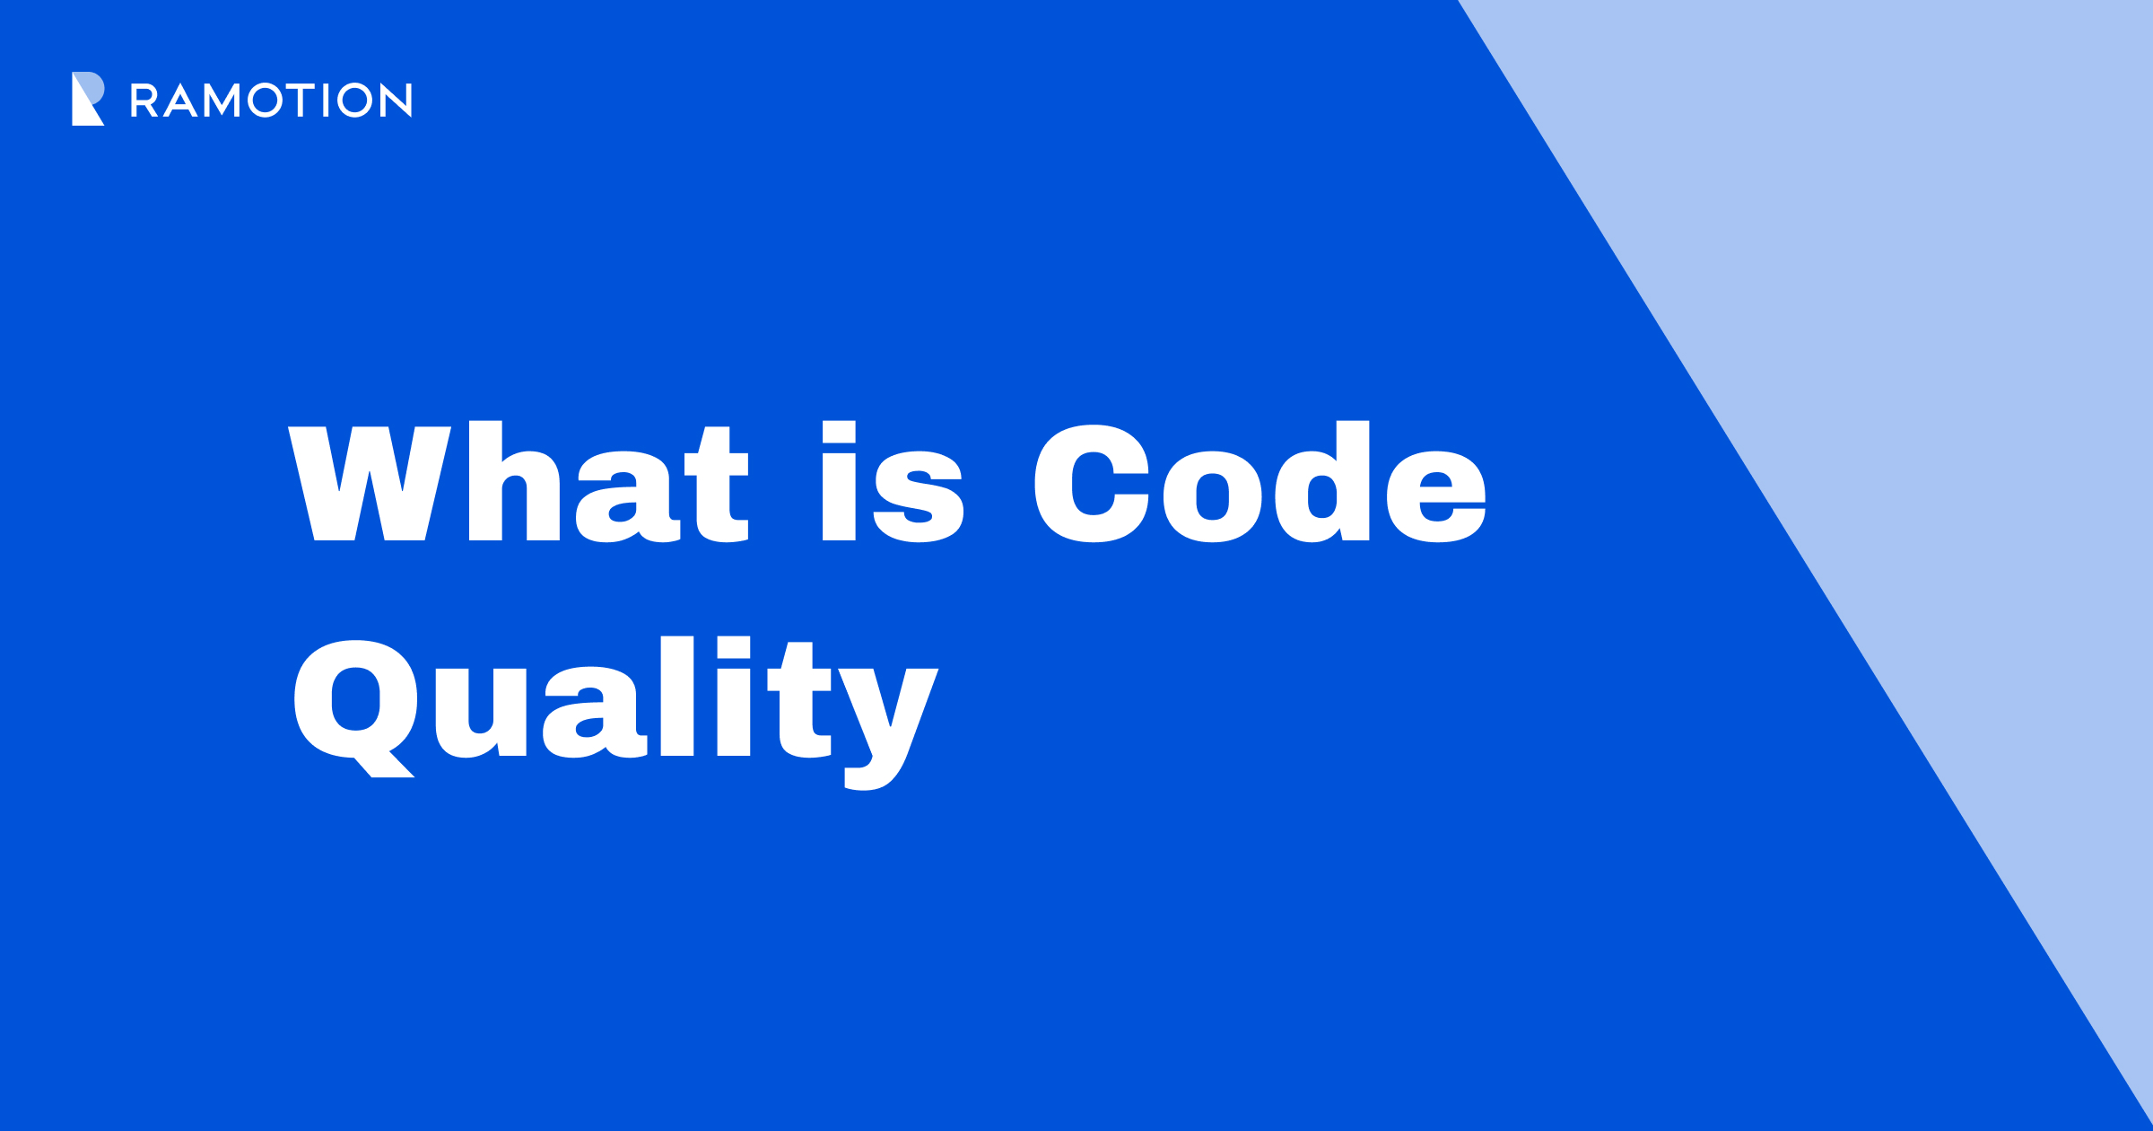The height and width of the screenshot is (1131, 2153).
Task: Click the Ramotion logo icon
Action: (x=88, y=99)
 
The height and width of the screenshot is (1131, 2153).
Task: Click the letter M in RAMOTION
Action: (x=222, y=101)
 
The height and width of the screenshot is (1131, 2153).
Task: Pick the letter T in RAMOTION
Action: (x=301, y=101)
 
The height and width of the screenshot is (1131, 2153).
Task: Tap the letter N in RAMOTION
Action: (x=396, y=101)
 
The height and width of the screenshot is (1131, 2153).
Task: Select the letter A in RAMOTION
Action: (x=180, y=101)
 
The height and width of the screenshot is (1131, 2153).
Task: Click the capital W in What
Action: (x=370, y=484)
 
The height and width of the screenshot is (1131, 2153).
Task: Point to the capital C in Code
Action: (x=1091, y=484)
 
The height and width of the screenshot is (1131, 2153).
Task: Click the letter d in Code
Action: (x=1322, y=484)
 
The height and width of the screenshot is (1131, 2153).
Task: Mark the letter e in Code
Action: (x=1435, y=497)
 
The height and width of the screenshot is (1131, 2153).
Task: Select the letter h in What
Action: (x=514, y=484)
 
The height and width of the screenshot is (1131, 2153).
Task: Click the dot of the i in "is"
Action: (x=839, y=432)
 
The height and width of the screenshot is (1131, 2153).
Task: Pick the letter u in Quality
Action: (x=481, y=713)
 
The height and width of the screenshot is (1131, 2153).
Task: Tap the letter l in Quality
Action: (x=677, y=697)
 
